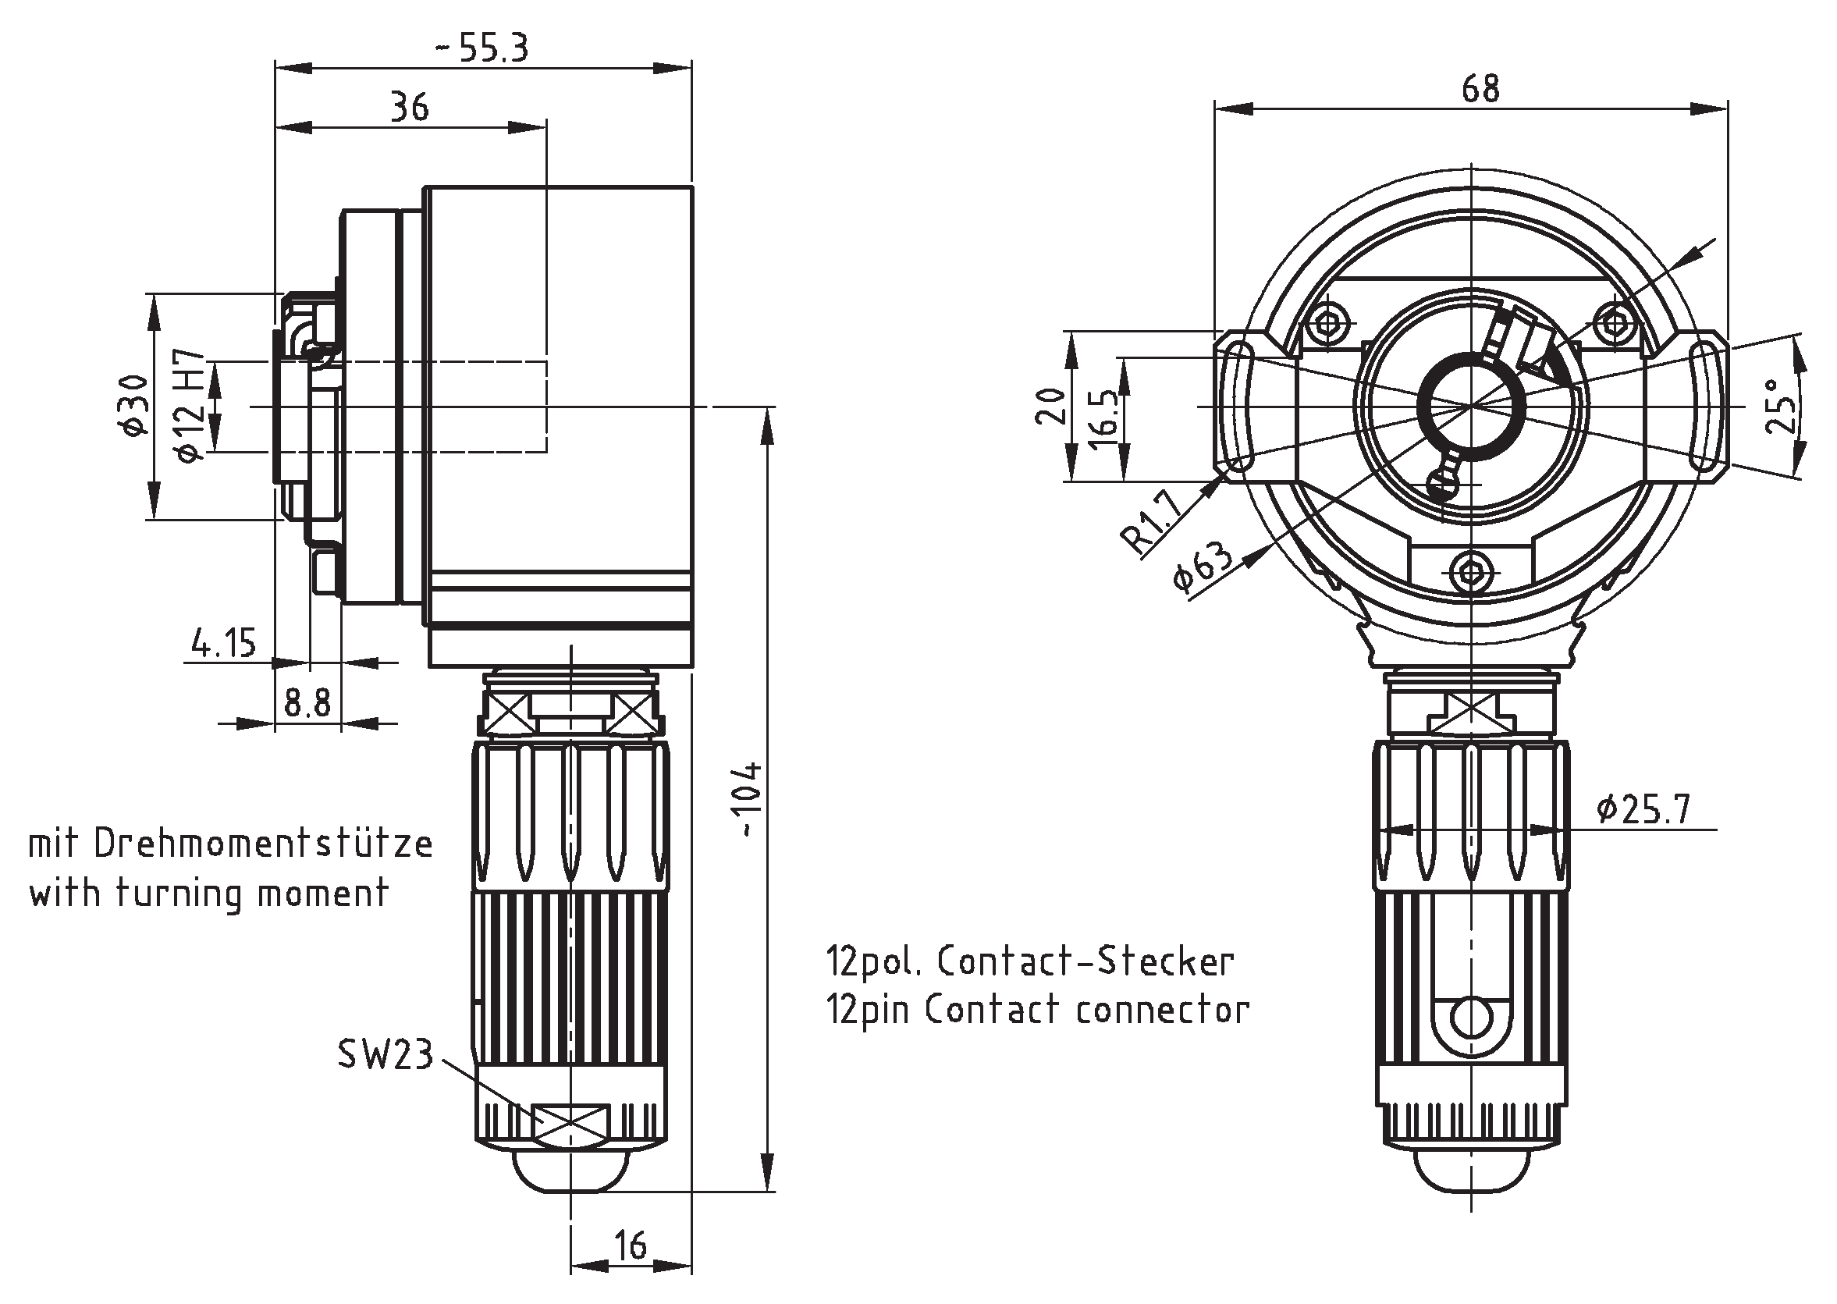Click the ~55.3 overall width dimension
[482, 48]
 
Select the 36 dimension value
[410, 107]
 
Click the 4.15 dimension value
[224, 643]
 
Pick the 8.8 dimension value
[307, 704]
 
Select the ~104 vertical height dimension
[749, 800]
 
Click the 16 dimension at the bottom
[631, 1245]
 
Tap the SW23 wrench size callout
[386, 1054]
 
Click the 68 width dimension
[1480, 88]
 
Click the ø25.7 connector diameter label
[1643, 809]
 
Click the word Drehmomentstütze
[263, 844]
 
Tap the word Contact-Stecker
[1085, 961]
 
